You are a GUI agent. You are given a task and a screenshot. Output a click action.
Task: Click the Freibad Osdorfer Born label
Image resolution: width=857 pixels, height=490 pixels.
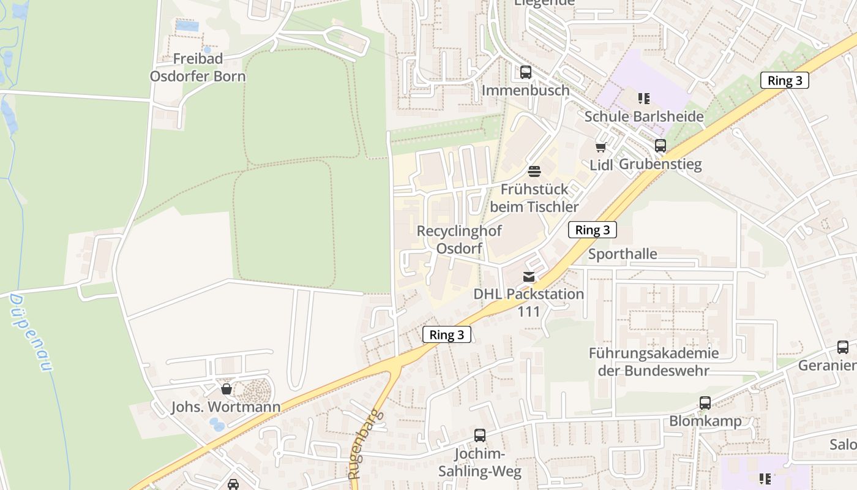(198, 67)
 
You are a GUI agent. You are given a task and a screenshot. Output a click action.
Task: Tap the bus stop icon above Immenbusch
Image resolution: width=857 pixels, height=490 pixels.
(525, 72)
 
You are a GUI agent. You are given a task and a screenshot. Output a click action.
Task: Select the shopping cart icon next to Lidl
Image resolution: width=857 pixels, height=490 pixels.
(601, 147)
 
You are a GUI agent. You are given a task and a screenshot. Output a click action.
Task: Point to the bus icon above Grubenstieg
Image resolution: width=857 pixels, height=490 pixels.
(660, 146)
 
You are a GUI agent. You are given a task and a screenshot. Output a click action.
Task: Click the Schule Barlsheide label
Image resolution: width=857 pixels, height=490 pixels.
(643, 116)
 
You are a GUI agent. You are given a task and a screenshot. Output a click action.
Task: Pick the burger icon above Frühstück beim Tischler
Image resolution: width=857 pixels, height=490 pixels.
(534, 171)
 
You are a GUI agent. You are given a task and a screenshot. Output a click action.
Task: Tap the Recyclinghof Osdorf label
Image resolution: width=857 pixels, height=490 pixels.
(459, 239)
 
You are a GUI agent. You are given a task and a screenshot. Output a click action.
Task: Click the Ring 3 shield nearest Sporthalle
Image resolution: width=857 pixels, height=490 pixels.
(592, 230)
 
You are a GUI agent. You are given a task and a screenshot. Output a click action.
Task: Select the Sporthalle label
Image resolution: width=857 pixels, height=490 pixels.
(623, 254)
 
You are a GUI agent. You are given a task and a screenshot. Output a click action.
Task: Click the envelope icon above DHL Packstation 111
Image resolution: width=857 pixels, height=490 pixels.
(529, 277)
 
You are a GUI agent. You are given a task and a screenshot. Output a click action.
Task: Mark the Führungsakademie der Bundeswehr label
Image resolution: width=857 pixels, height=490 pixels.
(654, 362)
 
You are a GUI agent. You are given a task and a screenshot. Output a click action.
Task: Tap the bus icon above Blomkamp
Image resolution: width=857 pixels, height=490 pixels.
(705, 403)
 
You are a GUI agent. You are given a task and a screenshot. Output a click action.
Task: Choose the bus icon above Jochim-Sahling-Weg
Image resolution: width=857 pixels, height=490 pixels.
(480, 435)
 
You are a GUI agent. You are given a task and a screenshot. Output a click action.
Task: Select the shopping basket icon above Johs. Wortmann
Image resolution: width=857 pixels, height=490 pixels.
(226, 389)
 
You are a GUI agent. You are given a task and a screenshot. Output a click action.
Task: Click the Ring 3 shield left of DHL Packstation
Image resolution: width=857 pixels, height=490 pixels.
(446, 334)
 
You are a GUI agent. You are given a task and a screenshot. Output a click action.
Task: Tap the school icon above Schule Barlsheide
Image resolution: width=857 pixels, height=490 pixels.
(643, 98)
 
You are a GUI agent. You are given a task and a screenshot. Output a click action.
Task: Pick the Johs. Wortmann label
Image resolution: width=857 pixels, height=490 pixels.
(225, 407)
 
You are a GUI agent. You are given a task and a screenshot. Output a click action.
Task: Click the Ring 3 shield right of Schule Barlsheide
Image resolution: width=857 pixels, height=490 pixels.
(784, 80)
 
